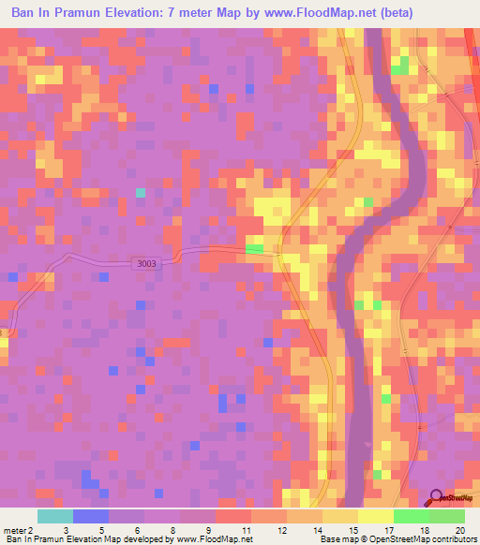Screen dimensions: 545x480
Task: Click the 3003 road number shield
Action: tap(146, 264)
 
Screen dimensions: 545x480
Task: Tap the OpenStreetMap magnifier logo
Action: tap(436, 498)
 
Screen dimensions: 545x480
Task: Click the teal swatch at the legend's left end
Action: tap(54, 516)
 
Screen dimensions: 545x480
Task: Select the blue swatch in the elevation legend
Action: tap(90, 516)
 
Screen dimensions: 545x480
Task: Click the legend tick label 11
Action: tap(246, 529)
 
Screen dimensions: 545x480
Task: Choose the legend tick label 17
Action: tap(388, 529)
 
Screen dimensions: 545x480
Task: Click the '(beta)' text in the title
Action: tap(400, 13)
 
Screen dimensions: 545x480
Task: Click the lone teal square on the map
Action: tap(141, 193)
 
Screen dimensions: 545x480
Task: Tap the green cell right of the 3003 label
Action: tap(254, 248)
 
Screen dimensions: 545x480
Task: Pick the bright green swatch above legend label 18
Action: tap(412, 516)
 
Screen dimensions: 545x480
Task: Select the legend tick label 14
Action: tap(317, 529)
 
